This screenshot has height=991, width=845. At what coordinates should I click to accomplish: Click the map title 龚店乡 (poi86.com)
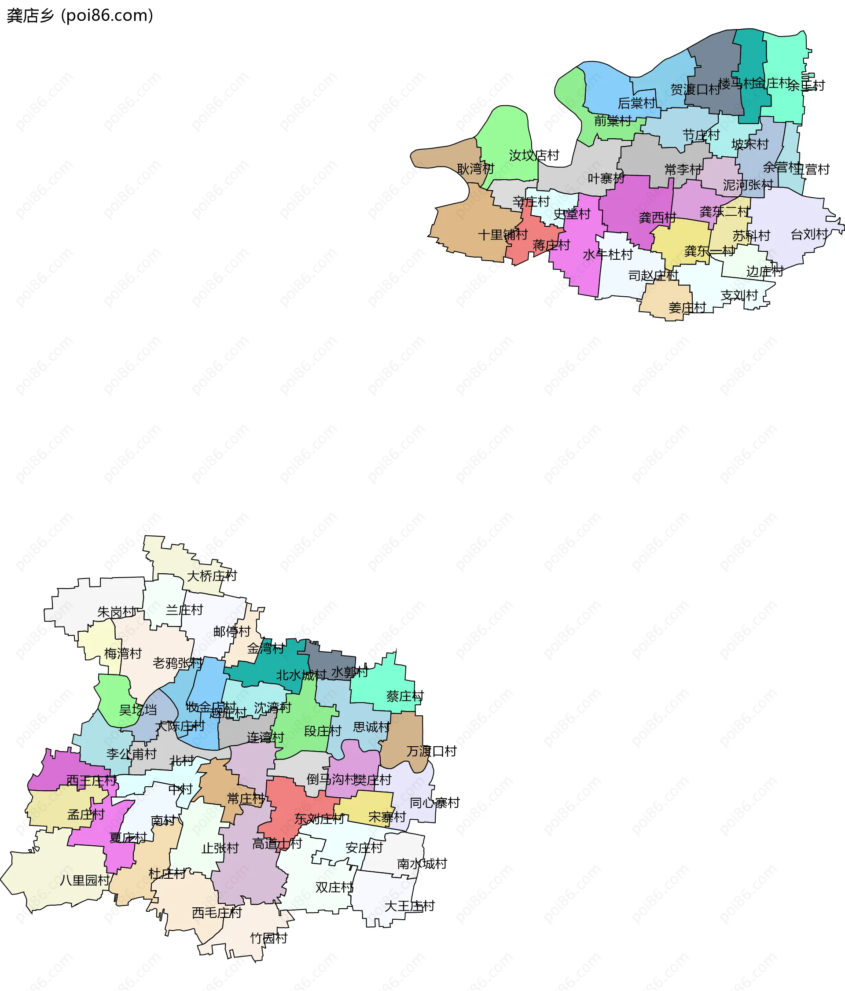(x=80, y=15)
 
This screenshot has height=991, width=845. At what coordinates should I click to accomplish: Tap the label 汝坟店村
(x=534, y=155)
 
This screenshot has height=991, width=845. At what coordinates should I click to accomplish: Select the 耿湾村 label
(x=475, y=169)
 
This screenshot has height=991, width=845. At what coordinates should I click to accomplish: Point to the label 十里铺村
(x=503, y=235)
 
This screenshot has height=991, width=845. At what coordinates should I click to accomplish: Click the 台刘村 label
(x=808, y=234)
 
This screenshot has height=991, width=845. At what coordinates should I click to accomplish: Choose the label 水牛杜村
(x=607, y=254)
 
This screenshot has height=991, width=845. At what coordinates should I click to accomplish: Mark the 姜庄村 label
(x=687, y=308)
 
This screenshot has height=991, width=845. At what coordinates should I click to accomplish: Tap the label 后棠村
(x=636, y=103)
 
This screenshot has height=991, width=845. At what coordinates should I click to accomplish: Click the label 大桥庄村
(x=212, y=576)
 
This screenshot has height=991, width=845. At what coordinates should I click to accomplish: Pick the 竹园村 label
(x=269, y=938)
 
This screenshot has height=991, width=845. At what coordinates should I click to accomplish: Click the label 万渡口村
(x=431, y=752)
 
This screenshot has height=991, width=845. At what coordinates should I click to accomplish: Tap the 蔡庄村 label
(x=404, y=696)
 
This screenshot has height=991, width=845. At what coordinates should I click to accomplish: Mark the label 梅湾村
(x=123, y=654)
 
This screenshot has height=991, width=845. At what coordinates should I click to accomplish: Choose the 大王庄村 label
(x=409, y=906)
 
